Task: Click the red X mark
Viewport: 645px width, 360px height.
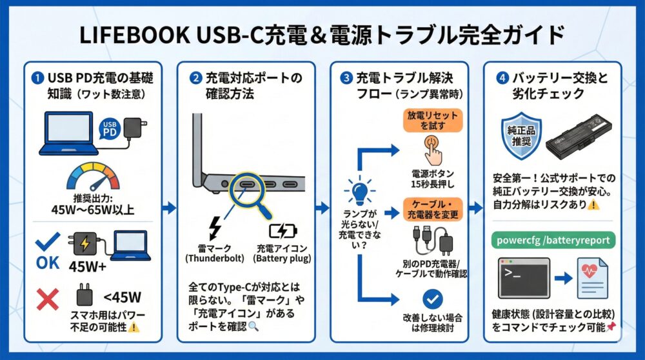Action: pos(48,298)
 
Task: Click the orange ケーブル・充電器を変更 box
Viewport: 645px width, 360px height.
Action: pos(433,209)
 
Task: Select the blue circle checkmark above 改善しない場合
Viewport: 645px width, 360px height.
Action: pos(433,298)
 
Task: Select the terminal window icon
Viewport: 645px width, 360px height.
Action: pos(524,277)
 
